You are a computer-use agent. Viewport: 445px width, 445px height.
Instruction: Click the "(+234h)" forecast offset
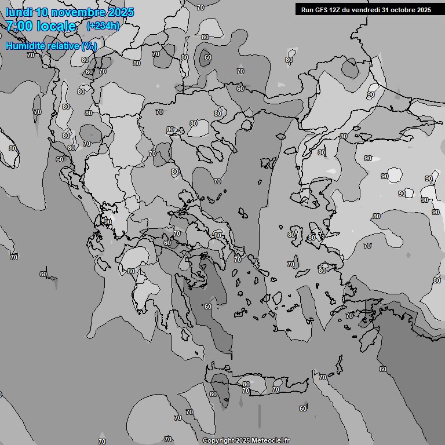[103, 26]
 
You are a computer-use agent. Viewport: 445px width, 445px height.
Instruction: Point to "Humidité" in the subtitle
[25, 46]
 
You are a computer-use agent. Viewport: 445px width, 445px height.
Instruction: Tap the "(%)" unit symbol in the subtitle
[89, 46]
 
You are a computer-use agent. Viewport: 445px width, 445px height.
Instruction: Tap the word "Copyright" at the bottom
[218, 440]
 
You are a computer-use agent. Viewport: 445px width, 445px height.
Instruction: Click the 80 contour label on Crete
[246, 384]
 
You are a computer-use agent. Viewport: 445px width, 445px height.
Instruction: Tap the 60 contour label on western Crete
[213, 394]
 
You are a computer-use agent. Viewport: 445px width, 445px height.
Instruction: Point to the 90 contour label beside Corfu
[108, 222]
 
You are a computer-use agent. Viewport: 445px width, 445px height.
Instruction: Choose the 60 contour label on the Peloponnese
[208, 307]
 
